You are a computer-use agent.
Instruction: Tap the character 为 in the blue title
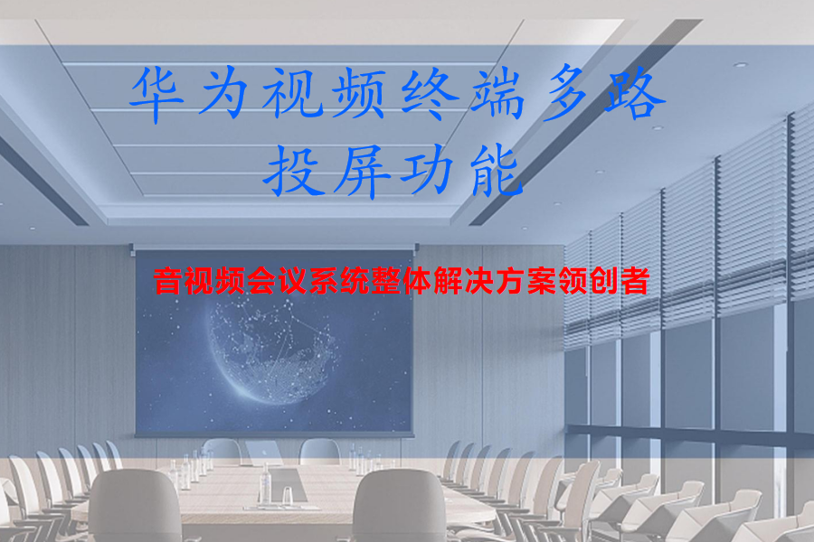pos(228,95)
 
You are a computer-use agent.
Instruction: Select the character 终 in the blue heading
pos(428,95)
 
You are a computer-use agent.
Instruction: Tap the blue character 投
pos(295,171)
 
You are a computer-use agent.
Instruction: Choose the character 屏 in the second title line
pos(361,171)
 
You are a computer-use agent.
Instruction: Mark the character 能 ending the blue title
pos(494,171)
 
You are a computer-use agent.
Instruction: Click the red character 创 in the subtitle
pos(599,282)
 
